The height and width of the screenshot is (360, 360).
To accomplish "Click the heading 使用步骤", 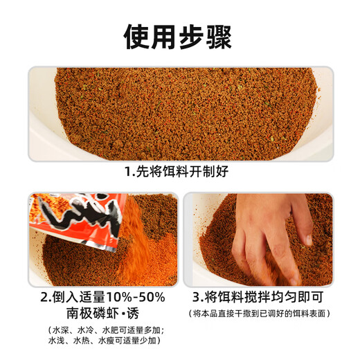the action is [x=177, y=37].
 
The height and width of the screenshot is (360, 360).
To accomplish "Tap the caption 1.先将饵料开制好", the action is [x=177, y=172].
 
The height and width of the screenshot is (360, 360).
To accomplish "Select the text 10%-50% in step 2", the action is [x=136, y=297].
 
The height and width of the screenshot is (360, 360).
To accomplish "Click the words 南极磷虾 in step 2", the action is [x=93, y=313].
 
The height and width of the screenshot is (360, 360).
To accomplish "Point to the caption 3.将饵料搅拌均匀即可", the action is [x=258, y=297].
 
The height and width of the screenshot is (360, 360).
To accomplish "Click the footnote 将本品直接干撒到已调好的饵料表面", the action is [x=260, y=314].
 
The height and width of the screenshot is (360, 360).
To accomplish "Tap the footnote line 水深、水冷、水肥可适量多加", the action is [x=107, y=330].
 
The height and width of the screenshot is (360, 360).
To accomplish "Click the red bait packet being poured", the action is [x=78, y=219].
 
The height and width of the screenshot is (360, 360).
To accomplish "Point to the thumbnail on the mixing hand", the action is [x=309, y=240].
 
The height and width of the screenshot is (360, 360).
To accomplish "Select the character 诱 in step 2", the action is [x=133, y=313].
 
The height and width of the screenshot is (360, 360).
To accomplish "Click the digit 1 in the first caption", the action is [x=127, y=172].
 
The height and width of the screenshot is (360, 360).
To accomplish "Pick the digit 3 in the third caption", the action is [x=196, y=297].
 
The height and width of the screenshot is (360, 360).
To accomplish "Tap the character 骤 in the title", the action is [x=219, y=37].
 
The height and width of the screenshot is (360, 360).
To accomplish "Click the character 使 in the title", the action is [x=136, y=37].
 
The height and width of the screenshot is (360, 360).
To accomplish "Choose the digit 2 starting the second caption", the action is [x=44, y=297].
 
